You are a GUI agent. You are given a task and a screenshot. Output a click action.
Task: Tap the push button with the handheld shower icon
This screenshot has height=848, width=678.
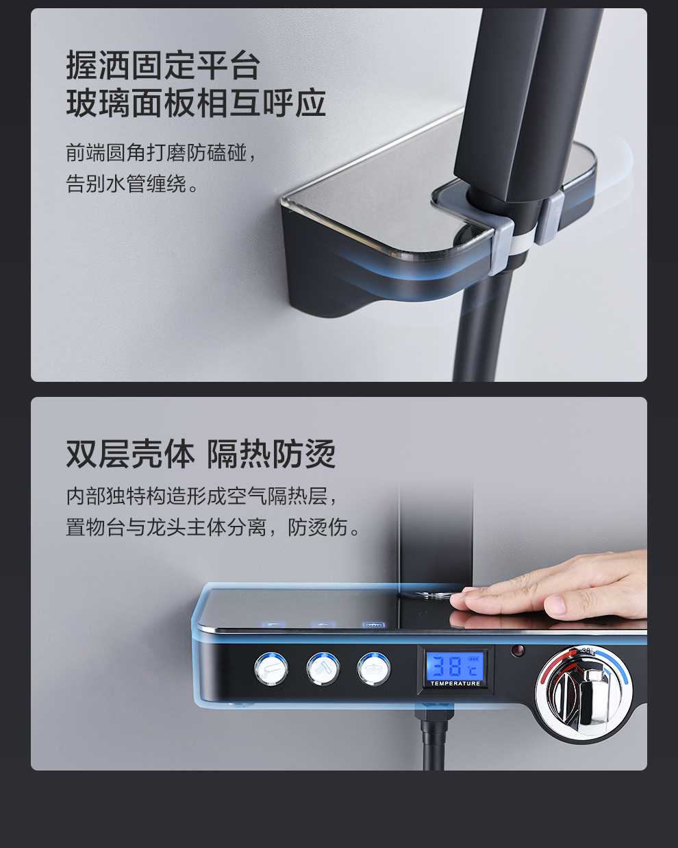coord(271,668)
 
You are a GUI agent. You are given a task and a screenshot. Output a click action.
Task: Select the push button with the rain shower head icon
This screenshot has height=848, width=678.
coord(373,668)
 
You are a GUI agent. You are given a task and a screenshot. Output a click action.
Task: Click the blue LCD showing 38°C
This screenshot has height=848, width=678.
coord(455,665)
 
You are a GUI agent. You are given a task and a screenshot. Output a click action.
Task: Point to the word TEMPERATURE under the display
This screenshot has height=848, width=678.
coord(455,683)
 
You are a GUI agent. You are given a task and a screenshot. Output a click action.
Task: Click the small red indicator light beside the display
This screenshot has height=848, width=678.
coord(518,650)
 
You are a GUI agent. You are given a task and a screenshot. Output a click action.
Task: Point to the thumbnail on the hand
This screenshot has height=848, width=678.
coord(555,605)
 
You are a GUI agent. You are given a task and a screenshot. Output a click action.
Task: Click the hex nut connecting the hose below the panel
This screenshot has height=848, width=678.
coord(434,713)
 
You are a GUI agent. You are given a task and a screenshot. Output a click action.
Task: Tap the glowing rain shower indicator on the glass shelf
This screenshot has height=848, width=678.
coord(374,625)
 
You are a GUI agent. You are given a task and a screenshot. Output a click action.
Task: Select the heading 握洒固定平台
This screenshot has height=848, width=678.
coord(163,65)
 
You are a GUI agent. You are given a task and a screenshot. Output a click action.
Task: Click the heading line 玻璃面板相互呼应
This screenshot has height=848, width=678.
coord(196,104)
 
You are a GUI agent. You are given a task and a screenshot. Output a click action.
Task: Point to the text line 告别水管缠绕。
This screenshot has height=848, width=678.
coord(132,184)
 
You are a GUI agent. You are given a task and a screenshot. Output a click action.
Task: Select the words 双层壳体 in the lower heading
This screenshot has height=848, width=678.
coord(130,454)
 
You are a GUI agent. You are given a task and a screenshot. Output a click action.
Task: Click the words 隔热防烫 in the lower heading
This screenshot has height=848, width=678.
coord(271,454)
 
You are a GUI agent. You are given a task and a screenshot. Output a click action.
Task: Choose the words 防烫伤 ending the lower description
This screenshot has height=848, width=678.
coord(318,527)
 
